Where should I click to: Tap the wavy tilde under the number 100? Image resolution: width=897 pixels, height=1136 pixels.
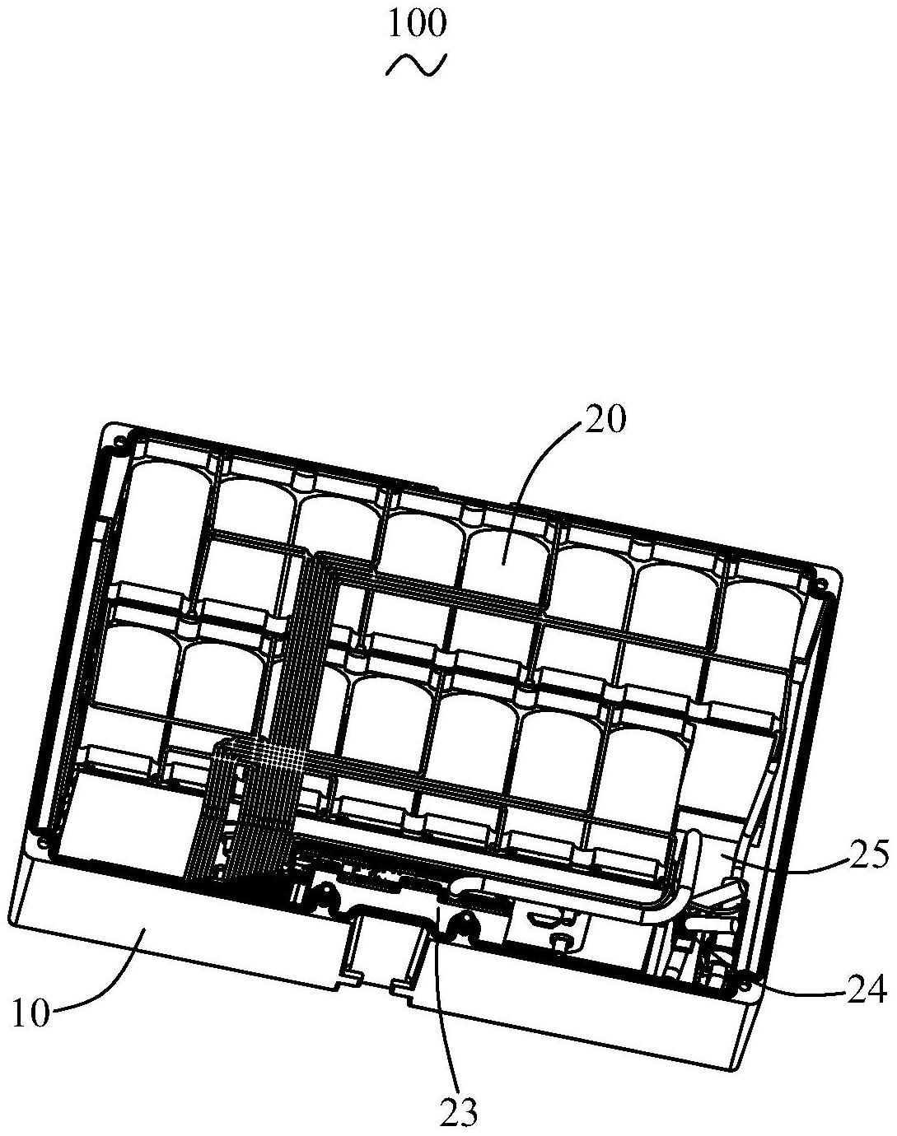[417, 65]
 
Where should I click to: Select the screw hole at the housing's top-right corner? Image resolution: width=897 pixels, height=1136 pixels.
[819, 586]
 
